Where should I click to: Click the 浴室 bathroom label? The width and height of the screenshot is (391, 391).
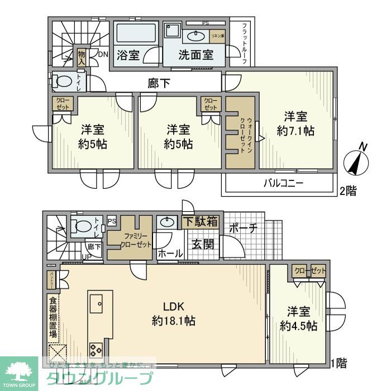pyautogui.click(x=128, y=55)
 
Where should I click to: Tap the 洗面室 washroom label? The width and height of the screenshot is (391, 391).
pyautogui.click(x=195, y=55)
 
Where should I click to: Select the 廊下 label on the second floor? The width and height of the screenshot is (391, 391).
pyautogui.click(x=159, y=83)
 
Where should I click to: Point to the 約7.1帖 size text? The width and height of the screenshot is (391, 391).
pyautogui.click(x=295, y=131)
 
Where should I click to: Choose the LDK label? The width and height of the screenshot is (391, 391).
pyautogui.click(x=173, y=306)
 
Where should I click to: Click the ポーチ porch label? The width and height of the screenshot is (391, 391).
pyautogui.click(x=242, y=228)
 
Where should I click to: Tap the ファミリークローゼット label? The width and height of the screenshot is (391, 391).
pyautogui.click(x=130, y=239)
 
